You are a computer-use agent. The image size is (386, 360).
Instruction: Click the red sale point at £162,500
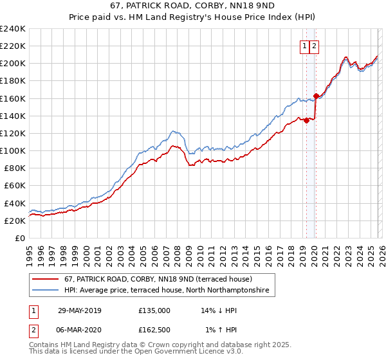(315, 96)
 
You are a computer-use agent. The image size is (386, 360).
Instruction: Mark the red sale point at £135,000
(306, 120)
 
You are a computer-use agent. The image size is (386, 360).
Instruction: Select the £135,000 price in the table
(154, 310)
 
